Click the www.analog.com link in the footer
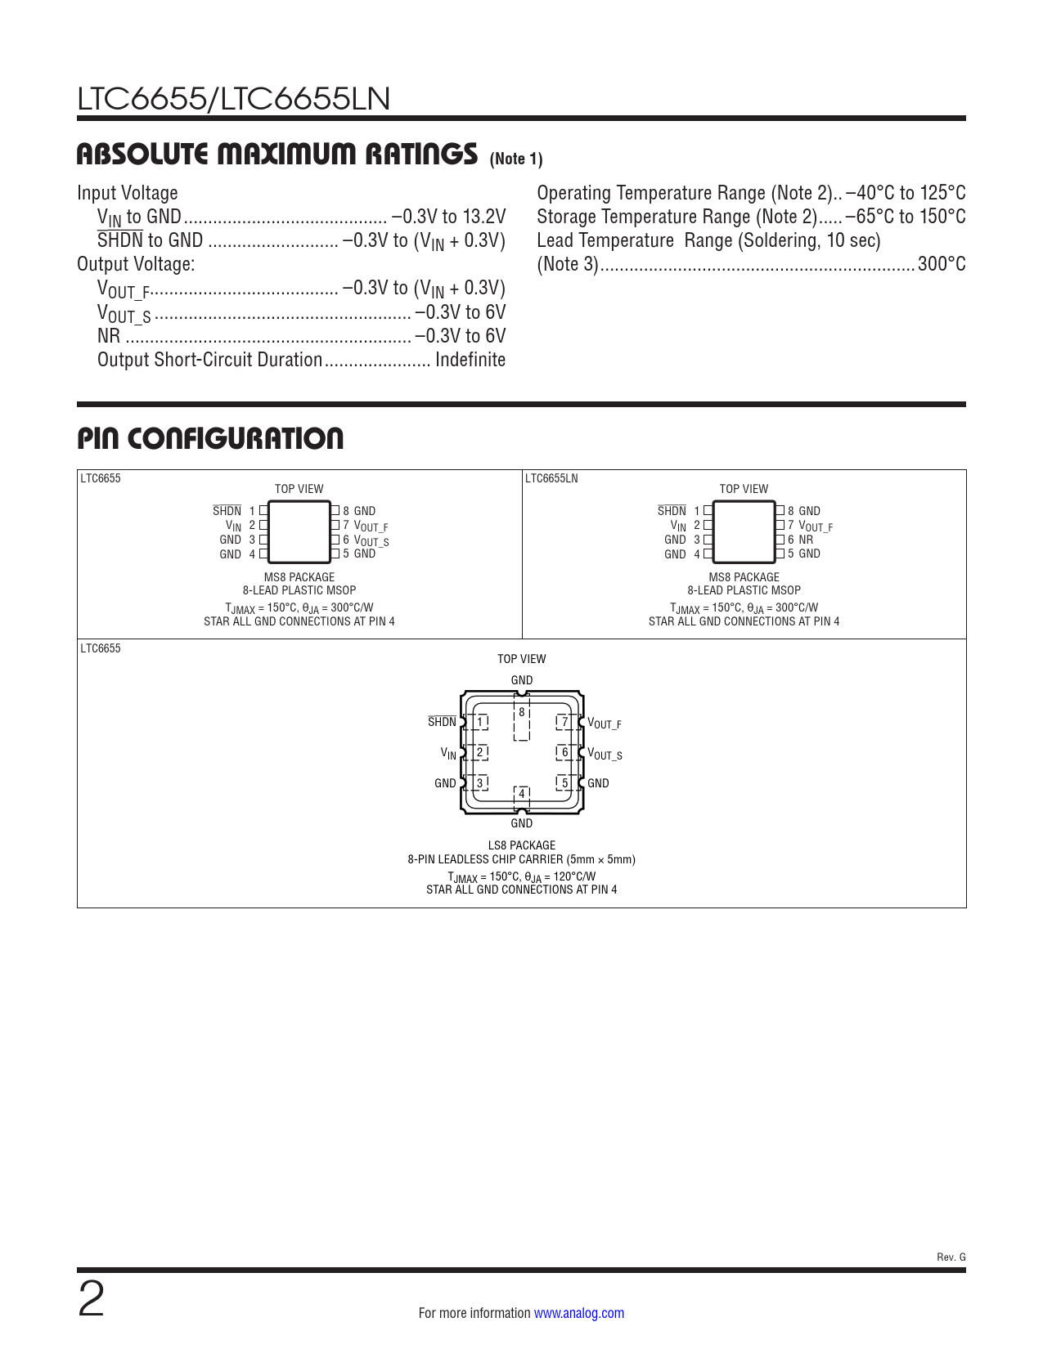point(578,1313)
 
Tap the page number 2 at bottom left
point(92,1300)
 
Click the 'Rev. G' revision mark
point(951,1257)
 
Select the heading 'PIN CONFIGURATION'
point(210,438)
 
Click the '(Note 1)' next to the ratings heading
point(516,159)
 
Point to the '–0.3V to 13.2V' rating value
point(448,217)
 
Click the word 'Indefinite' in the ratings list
point(470,360)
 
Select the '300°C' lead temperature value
point(942,264)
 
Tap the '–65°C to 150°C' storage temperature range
point(906,217)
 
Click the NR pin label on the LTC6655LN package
point(806,540)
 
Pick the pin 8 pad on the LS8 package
point(522,712)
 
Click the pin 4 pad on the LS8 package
point(522,794)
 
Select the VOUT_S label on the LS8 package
point(605,754)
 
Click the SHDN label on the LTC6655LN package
point(672,511)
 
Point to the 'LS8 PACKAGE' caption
point(521,845)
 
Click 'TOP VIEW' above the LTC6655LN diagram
point(744,489)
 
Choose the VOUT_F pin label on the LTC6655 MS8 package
point(371,526)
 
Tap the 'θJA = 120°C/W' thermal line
point(560,876)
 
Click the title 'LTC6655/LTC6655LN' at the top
point(233,99)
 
